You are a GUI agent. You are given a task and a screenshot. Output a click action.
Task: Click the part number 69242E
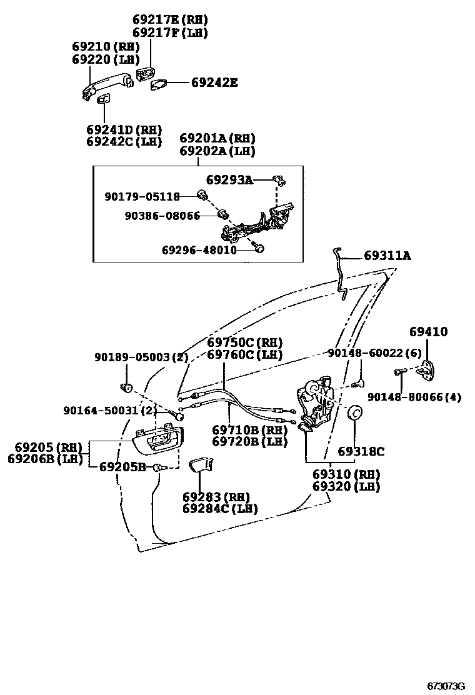pos(214,82)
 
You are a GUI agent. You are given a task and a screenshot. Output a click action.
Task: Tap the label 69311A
pos(387,256)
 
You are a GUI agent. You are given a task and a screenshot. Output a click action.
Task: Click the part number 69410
pos(429,332)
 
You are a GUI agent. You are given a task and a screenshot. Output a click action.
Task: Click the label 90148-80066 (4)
pos(414,397)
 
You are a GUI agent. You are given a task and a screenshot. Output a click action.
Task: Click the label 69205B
pos(122,467)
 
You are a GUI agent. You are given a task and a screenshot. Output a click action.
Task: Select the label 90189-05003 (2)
pos(142,357)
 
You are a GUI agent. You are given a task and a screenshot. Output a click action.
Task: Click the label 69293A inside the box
pos(229,180)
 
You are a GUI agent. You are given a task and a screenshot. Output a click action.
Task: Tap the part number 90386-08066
pos(162,216)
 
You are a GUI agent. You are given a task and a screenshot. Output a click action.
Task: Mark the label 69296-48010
pos(199,249)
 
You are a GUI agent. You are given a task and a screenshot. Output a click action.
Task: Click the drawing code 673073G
pos(446,686)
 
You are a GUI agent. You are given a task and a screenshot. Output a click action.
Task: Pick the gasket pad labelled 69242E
pos(159,83)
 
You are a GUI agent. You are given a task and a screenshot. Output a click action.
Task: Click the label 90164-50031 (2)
pos(110,410)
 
